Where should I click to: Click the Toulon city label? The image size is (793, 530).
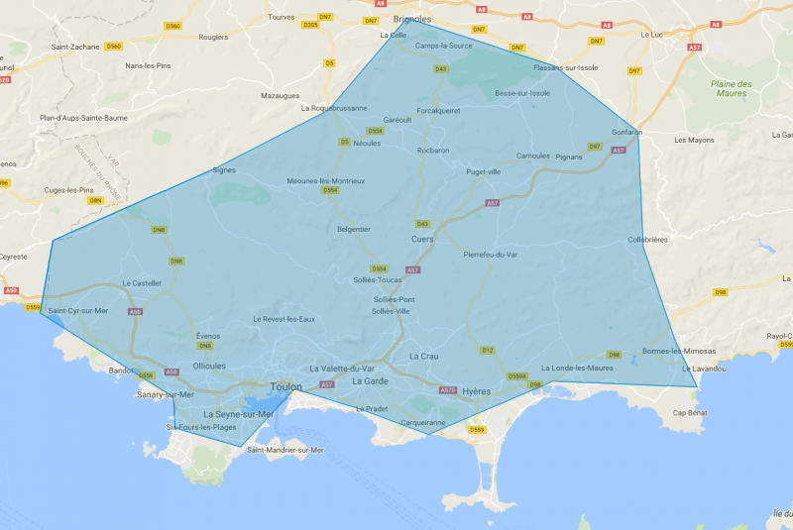tap(286, 387)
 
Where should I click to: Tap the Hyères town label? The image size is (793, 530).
tap(477, 391)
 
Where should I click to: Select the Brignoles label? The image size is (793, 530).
tap(412, 19)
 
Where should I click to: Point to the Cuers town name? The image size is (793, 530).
tap(422, 239)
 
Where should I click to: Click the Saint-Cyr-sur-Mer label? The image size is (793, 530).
tap(77, 311)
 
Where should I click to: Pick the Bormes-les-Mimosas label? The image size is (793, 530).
tap(677, 351)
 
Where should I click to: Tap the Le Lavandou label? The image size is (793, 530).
tap(704, 369)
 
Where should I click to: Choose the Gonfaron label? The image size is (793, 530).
tap(627, 132)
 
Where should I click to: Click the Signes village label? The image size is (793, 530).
tap(224, 169)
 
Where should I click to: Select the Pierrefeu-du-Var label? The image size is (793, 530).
tap(491, 255)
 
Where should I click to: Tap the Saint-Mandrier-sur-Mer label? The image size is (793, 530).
tap(285, 450)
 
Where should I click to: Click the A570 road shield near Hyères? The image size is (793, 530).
tap(448, 390)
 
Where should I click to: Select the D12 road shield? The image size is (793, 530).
tap(487, 350)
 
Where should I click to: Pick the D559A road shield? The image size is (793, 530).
tap(516, 376)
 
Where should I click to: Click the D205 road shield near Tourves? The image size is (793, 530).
tap(311, 25)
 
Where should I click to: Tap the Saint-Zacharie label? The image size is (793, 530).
tap(73, 47)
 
